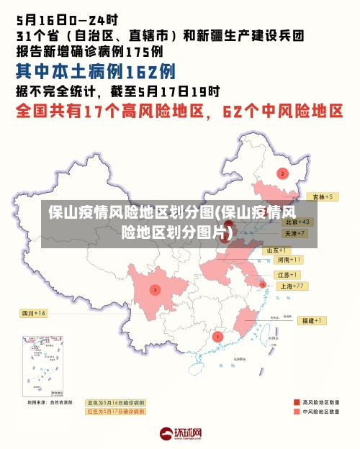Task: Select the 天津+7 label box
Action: tap(294, 234)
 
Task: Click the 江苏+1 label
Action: tap(287, 275)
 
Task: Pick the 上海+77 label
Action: tap(292, 286)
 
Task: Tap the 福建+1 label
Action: tap(312, 320)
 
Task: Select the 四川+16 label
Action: tap(34, 314)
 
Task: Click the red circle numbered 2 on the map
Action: tap(282, 173)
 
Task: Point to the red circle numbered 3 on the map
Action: tap(155, 290)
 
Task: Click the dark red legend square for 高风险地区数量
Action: tap(297, 402)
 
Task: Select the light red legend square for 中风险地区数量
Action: tap(297, 412)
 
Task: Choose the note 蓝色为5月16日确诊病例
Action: tap(115, 402)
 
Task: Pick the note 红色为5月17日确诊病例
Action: tap(115, 412)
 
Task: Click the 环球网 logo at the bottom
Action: tap(180, 434)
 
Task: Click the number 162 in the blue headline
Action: tap(140, 72)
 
